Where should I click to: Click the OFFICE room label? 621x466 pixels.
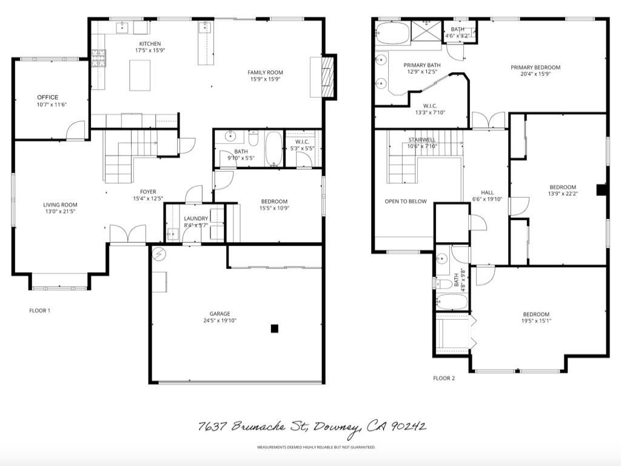tap(47, 97)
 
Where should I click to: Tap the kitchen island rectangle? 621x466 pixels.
tap(139, 75)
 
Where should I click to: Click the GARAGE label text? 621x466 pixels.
tap(220, 314)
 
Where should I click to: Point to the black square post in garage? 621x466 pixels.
tap(274, 328)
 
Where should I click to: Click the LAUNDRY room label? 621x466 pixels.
tap(196, 218)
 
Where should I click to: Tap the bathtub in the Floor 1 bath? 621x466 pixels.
tap(274, 149)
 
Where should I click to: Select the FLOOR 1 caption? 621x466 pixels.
tap(40, 311)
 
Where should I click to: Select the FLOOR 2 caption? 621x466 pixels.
tap(444, 378)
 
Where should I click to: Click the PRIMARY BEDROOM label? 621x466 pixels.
tap(535, 67)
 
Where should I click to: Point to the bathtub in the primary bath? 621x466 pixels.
tap(392, 33)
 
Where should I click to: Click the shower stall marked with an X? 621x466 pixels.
tap(428, 30)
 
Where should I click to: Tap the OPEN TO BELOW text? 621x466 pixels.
tap(405, 201)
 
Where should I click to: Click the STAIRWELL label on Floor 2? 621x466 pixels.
tap(421, 140)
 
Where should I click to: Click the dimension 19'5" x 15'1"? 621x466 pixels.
tap(536, 321)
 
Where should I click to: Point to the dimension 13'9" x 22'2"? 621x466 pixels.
tap(563, 194)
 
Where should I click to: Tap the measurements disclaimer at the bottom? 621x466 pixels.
tap(316, 447)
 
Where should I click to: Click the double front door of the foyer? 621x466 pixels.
tap(128, 234)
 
